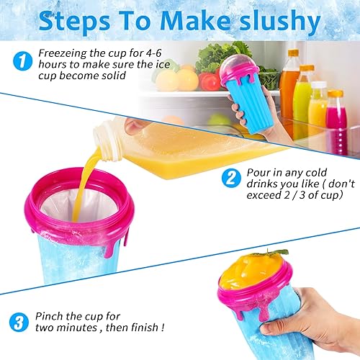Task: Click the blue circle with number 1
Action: [22, 61]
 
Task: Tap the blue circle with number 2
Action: [231, 178]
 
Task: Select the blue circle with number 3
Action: [19, 322]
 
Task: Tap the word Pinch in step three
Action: [50, 316]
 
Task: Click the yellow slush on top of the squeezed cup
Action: [252, 271]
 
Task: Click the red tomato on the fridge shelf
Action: [210, 81]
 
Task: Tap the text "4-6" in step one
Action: [153, 53]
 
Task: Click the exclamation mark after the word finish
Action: [163, 327]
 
